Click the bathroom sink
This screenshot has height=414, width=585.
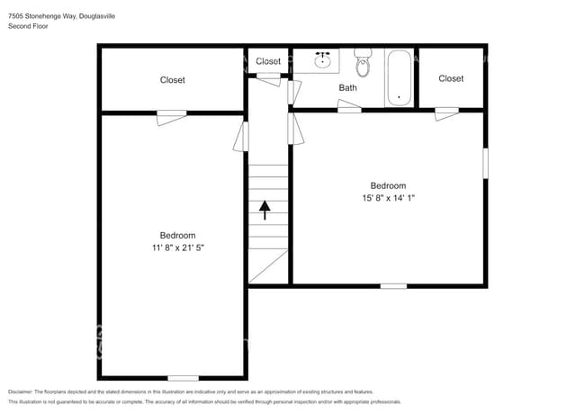[x=324, y=61]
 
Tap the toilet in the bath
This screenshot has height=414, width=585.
[x=363, y=63]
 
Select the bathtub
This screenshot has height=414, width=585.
[x=399, y=78]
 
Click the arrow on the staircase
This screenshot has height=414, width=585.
[x=265, y=210]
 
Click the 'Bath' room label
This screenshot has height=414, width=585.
[x=347, y=87]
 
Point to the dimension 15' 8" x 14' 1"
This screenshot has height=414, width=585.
[x=389, y=199]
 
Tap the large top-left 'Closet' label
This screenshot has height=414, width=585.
[x=172, y=80]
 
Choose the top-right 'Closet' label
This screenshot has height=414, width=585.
[x=451, y=78]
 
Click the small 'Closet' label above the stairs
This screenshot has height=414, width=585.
[x=268, y=61]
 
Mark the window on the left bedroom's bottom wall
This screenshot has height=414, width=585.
[x=183, y=377]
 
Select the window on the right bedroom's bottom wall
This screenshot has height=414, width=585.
[x=392, y=286]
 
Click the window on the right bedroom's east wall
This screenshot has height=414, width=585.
[x=485, y=162]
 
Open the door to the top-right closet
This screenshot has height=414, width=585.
[x=446, y=112]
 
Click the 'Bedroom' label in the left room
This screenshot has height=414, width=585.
[x=177, y=236]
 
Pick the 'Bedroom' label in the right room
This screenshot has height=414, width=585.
[x=389, y=186]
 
